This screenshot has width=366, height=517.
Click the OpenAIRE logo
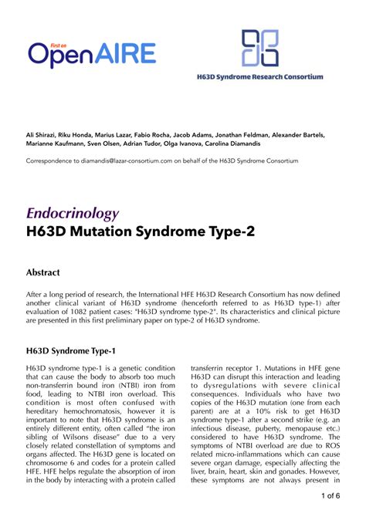(x=92, y=53)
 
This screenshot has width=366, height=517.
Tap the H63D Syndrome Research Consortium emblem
(x=260, y=48)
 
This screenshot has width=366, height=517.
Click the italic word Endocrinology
(x=73, y=214)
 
